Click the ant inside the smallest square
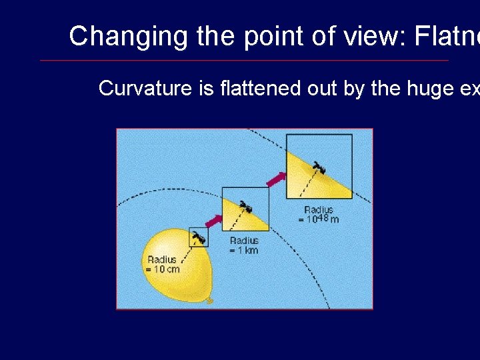[x=199, y=236]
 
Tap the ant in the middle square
[x=246, y=207]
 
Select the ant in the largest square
[x=319, y=168]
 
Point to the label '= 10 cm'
[x=163, y=269]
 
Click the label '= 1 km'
[x=243, y=250]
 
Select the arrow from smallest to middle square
[x=213, y=221]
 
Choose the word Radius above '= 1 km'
[x=244, y=241]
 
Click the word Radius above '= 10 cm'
[x=162, y=259]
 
